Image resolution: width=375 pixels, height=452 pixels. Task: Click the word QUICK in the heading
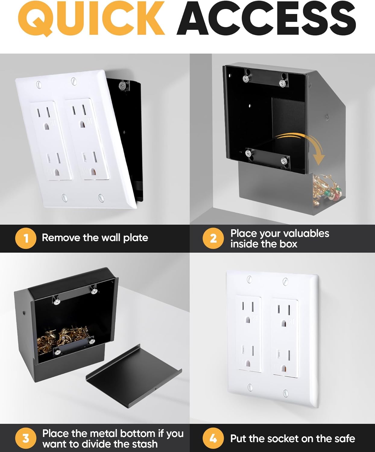91,19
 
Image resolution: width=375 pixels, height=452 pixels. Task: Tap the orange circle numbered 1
26,238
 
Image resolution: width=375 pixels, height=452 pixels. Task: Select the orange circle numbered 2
213,238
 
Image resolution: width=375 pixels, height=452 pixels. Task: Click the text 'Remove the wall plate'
95,238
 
